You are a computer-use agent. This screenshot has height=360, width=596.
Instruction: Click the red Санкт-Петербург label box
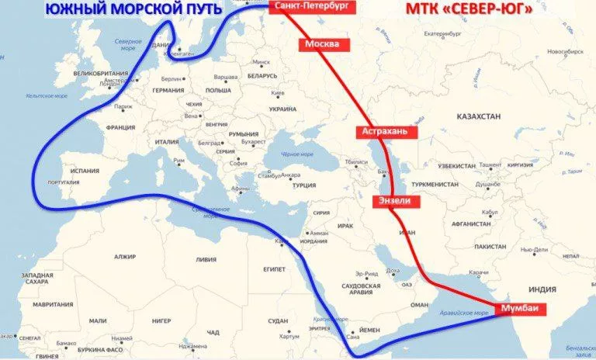pyautogui.click(x=308, y=7)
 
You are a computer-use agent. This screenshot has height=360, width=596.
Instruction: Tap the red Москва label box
pyautogui.click(x=321, y=44)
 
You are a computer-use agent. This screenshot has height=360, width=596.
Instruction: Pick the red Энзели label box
pyautogui.click(x=400, y=201)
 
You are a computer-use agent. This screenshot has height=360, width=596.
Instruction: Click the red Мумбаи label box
pyautogui.click(x=519, y=308)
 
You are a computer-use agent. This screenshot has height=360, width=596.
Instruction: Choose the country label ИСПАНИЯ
pyautogui.click(x=85, y=170)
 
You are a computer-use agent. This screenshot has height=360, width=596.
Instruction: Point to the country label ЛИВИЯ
pyautogui.click(x=206, y=259)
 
